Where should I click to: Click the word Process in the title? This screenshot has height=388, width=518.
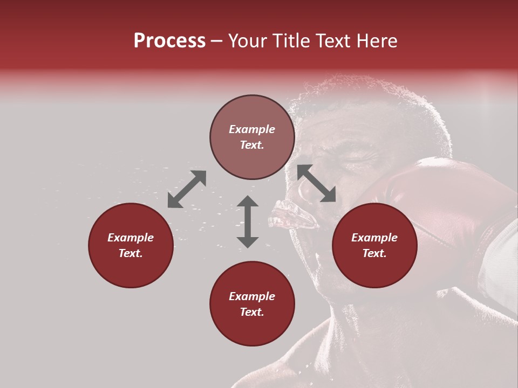169,41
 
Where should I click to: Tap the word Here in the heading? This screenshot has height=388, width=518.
376,41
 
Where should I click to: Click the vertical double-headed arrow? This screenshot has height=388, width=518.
248,221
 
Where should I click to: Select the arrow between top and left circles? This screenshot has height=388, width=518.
187,189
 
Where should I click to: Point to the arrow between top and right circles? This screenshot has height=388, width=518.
316,183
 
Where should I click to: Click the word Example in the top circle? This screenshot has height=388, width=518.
252,129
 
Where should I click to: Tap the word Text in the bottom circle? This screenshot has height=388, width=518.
252,312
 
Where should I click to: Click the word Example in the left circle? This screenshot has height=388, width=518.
131,238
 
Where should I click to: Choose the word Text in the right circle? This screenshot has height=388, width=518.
374,253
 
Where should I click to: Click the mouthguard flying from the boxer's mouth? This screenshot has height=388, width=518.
291,216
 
